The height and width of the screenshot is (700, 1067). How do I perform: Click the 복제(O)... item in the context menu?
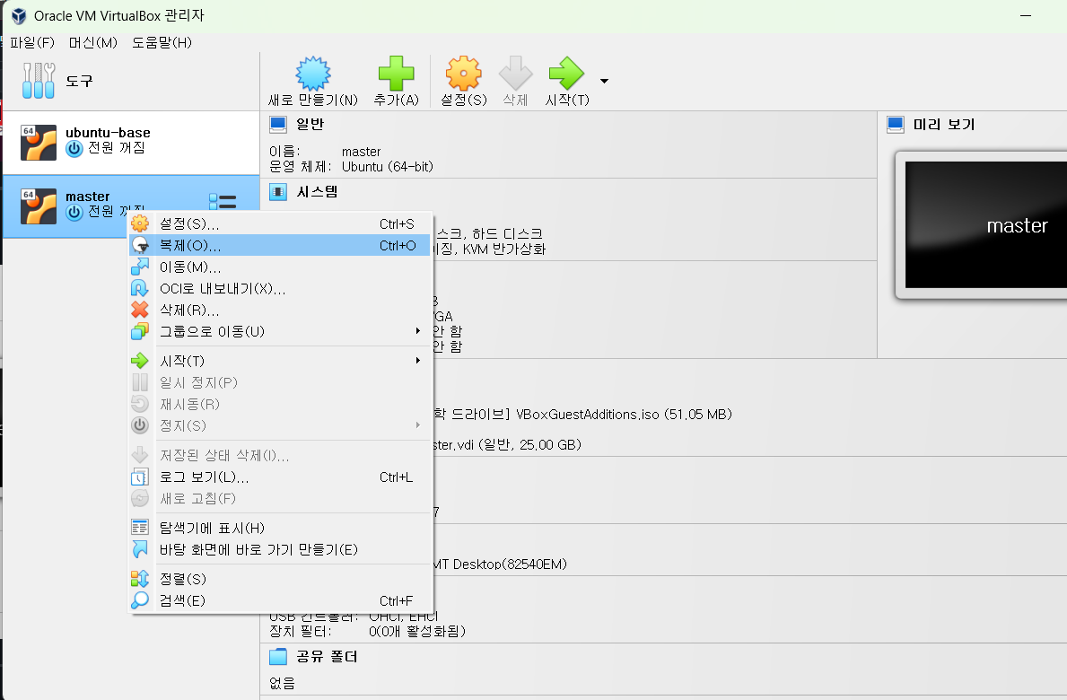190,245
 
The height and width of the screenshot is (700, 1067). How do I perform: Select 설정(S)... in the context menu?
188,223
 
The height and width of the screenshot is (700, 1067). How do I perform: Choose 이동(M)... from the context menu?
189,267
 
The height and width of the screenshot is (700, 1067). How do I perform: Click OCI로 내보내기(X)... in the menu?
223,288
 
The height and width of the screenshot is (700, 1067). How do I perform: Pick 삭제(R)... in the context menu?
188,310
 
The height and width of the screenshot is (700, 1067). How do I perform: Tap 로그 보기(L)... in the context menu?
204,477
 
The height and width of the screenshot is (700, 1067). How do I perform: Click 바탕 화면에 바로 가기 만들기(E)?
258,548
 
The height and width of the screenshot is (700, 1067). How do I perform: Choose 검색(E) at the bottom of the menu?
182,600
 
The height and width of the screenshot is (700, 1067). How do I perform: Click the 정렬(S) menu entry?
182,579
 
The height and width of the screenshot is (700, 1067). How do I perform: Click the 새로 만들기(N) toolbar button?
312,81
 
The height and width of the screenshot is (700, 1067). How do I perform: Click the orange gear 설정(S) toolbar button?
463,81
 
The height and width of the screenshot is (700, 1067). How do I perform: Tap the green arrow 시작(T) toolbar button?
567,81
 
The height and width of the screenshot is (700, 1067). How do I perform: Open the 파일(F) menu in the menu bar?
32,42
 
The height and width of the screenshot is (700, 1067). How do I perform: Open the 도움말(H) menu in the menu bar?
162,42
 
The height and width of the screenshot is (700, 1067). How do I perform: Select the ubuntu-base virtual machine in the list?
108,140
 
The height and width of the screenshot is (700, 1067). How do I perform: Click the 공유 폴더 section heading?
327,657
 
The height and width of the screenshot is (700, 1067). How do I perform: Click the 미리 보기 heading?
942,124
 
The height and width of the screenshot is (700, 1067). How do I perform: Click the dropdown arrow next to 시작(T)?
604,81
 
